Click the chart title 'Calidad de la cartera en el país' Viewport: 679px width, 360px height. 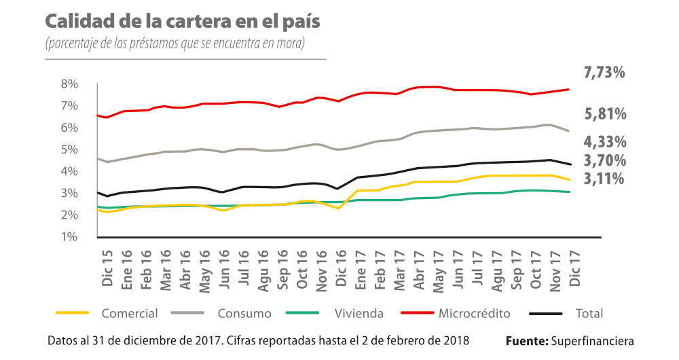(x=183, y=20)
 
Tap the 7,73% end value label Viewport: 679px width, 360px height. (x=604, y=73)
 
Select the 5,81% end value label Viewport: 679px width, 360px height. (x=604, y=114)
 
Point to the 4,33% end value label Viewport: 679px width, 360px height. (x=604, y=142)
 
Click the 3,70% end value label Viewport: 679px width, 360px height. (x=604, y=161)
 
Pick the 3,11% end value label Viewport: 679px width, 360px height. (x=604, y=179)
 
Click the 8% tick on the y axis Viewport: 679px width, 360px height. (x=70, y=84)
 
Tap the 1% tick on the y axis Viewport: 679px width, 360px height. (x=70, y=237)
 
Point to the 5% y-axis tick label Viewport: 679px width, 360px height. (x=70, y=149)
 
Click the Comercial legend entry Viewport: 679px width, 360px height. (x=129, y=314)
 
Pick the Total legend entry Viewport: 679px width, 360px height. (x=588, y=314)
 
